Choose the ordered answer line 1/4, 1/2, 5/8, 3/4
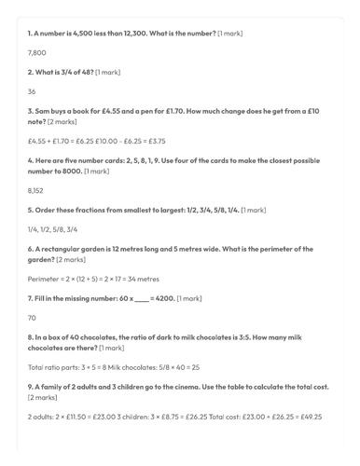pyautogui.click(x=52, y=229)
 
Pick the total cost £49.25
pyautogui.click(x=309, y=416)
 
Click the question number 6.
pyautogui.click(x=31, y=249)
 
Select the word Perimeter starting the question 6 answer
pyautogui.click(x=45, y=279)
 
